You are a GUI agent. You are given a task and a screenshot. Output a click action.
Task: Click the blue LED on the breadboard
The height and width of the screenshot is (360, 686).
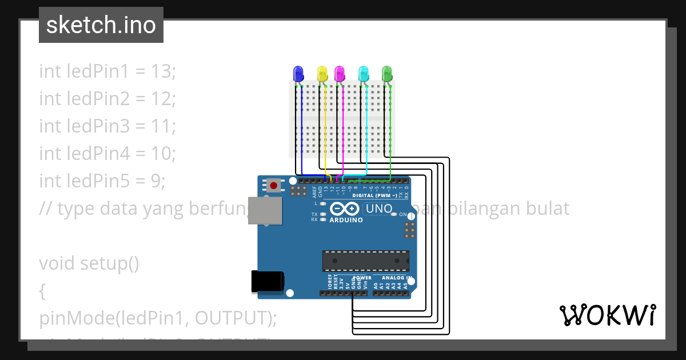click(x=298, y=73)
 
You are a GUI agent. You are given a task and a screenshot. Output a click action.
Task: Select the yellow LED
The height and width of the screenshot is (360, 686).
click(x=322, y=73)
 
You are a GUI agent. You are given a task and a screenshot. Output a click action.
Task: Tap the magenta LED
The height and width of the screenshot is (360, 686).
click(x=340, y=73)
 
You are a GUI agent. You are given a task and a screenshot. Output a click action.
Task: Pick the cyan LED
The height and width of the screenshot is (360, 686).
click(x=364, y=73)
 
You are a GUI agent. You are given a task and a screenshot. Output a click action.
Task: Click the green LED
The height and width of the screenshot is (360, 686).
click(x=387, y=73)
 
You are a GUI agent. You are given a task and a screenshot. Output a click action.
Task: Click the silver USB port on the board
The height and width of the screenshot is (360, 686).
click(x=266, y=211)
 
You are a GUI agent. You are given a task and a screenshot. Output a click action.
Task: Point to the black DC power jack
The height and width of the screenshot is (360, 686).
click(x=268, y=282)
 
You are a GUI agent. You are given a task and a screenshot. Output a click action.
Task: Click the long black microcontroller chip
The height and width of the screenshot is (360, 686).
click(x=365, y=261)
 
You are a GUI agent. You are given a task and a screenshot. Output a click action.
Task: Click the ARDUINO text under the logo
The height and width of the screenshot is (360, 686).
click(x=346, y=220)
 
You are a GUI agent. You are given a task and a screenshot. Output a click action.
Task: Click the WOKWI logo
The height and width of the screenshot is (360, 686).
click(x=607, y=315)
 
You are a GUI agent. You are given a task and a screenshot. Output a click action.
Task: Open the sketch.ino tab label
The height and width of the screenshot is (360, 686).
click(x=101, y=25)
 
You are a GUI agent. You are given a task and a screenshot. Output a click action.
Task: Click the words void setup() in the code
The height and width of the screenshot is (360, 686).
click(x=89, y=263)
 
